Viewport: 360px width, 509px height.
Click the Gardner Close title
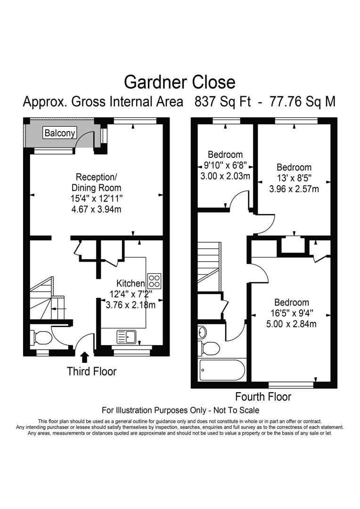point(180,82)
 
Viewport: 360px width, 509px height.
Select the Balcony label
point(59,133)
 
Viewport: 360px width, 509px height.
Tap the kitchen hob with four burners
point(155,281)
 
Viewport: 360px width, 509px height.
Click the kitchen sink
point(127,337)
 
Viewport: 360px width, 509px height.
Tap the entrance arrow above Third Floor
point(85,357)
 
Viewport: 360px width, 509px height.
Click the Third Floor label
point(91,371)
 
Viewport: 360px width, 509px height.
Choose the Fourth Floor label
point(263,396)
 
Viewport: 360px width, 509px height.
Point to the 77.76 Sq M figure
point(302,102)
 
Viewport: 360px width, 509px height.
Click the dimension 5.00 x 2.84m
point(292,324)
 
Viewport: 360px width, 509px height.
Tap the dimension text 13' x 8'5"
point(294,178)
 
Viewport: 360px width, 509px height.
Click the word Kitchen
point(131,283)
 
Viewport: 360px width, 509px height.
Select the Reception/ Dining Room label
point(96,182)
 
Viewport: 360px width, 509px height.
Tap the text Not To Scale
point(235,410)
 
